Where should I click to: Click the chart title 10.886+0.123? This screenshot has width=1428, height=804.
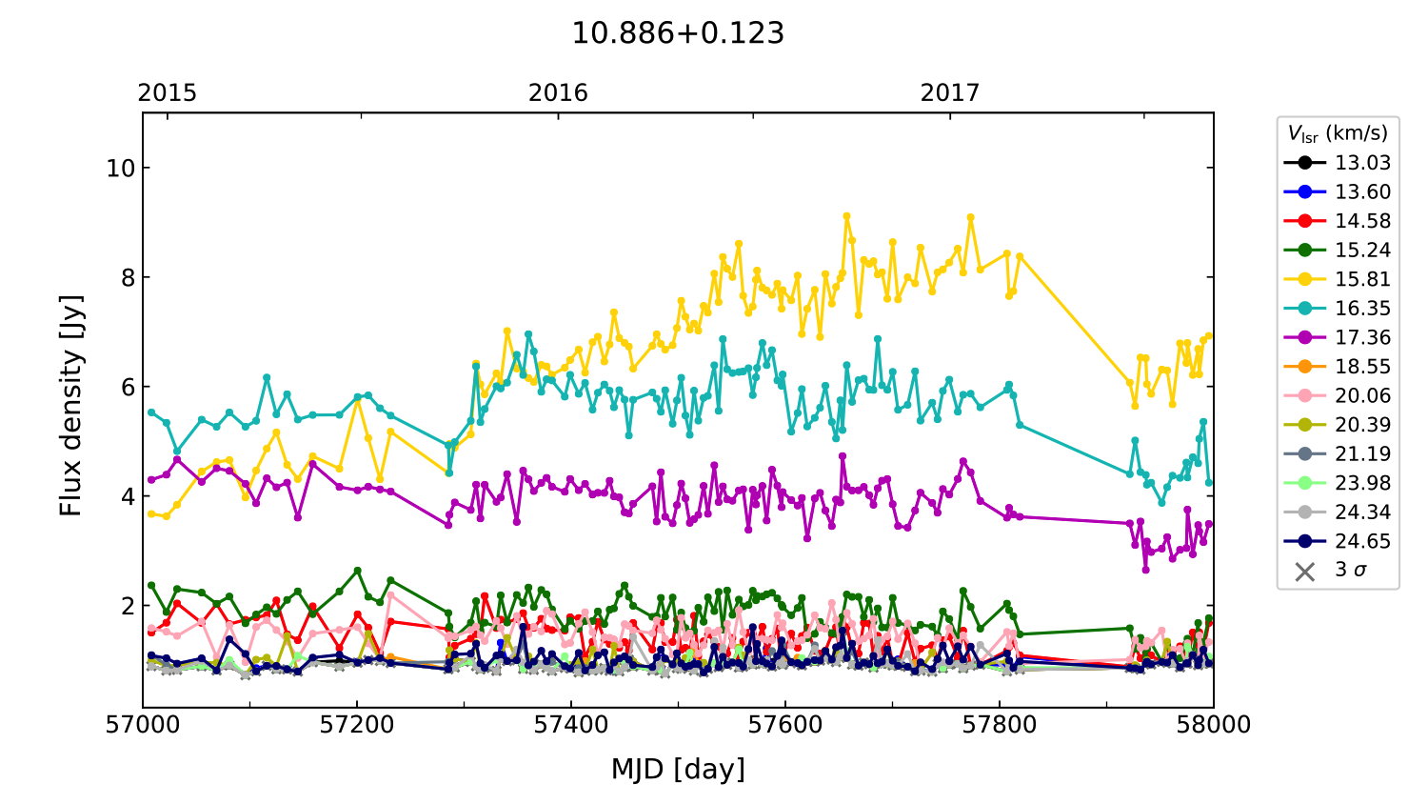coord(678,33)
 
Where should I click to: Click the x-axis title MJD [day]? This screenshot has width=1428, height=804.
coord(678,769)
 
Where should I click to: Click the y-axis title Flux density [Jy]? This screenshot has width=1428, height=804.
coord(71,406)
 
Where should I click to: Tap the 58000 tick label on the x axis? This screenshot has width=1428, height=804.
coord(1213,725)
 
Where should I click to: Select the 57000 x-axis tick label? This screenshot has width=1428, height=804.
coord(144,725)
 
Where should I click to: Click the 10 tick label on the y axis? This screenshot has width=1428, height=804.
coord(121,169)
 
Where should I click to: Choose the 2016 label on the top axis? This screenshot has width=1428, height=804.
coord(558,92)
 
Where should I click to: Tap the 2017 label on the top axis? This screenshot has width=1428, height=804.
coord(949,92)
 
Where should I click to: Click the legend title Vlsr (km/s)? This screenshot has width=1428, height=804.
coord(1338,133)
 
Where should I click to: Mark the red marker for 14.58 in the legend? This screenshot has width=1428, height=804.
coord(1305,221)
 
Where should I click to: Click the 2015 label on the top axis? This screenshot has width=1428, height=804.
coord(168,92)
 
